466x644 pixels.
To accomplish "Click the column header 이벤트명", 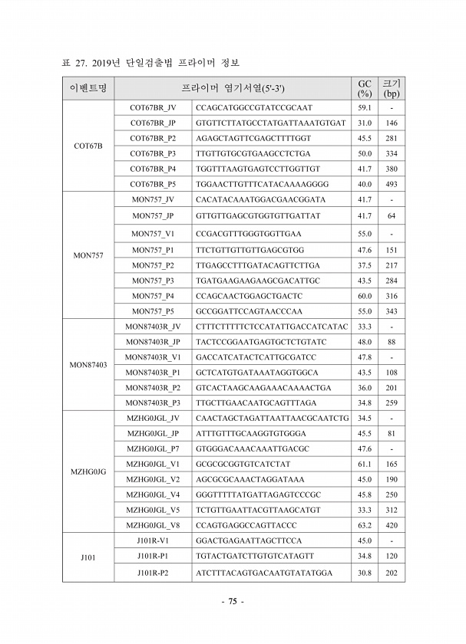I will (x=88, y=88).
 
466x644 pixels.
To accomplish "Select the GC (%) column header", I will (x=365, y=88).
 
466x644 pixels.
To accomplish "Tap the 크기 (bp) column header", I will (x=392, y=88).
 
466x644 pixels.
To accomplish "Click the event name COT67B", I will (x=88, y=146).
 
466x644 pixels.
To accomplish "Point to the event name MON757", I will (x=88, y=255).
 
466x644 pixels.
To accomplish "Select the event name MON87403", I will (x=88, y=365).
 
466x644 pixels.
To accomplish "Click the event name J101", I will (x=88, y=557).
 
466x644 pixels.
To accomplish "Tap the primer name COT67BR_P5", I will (x=153, y=184).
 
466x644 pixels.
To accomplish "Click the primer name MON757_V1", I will (x=153, y=233).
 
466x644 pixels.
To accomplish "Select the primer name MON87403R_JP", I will (x=153, y=341).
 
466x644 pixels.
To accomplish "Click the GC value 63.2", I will (x=365, y=525).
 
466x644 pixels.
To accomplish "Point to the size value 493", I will (x=392, y=184).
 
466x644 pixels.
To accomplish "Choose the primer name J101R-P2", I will (x=153, y=573).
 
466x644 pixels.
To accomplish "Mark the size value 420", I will (x=392, y=525).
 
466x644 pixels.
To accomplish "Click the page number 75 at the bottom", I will (x=232, y=602).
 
